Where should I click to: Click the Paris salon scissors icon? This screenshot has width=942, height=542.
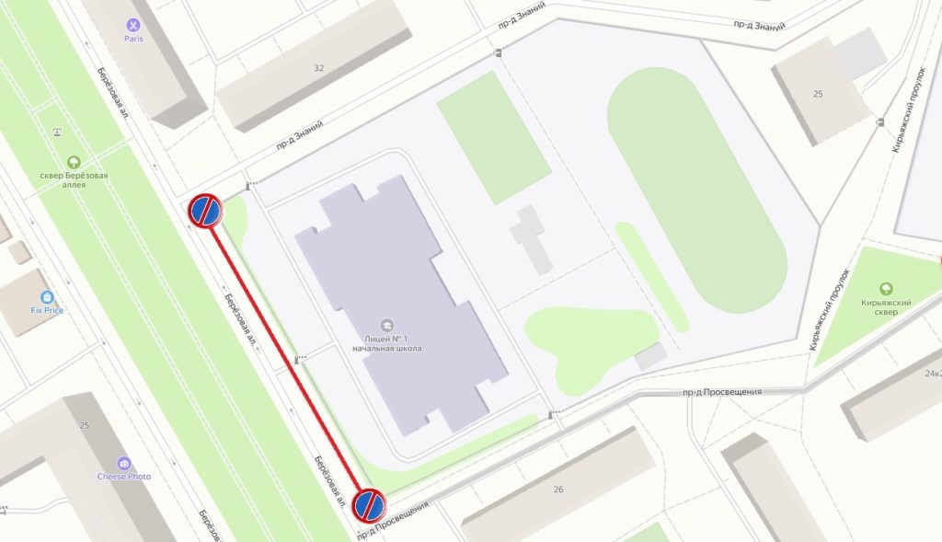(135, 25)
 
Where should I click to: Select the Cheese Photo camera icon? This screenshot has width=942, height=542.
(124, 464)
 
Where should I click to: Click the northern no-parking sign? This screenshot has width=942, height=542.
(205, 211)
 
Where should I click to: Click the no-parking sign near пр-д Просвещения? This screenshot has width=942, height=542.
(369, 503)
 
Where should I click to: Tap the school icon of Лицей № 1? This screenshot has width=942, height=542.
(386, 325)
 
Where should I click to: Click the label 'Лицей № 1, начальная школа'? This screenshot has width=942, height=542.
(386, 343)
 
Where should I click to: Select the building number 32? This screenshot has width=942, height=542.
(319, 67)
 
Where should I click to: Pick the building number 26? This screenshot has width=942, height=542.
(557, 489)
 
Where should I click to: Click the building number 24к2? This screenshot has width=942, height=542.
(931, 374)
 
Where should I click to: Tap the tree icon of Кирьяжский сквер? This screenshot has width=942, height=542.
(886, 288)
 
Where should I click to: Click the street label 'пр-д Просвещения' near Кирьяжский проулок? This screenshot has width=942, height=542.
(722, 392)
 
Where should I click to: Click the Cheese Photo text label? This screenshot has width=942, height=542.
(124, 477)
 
